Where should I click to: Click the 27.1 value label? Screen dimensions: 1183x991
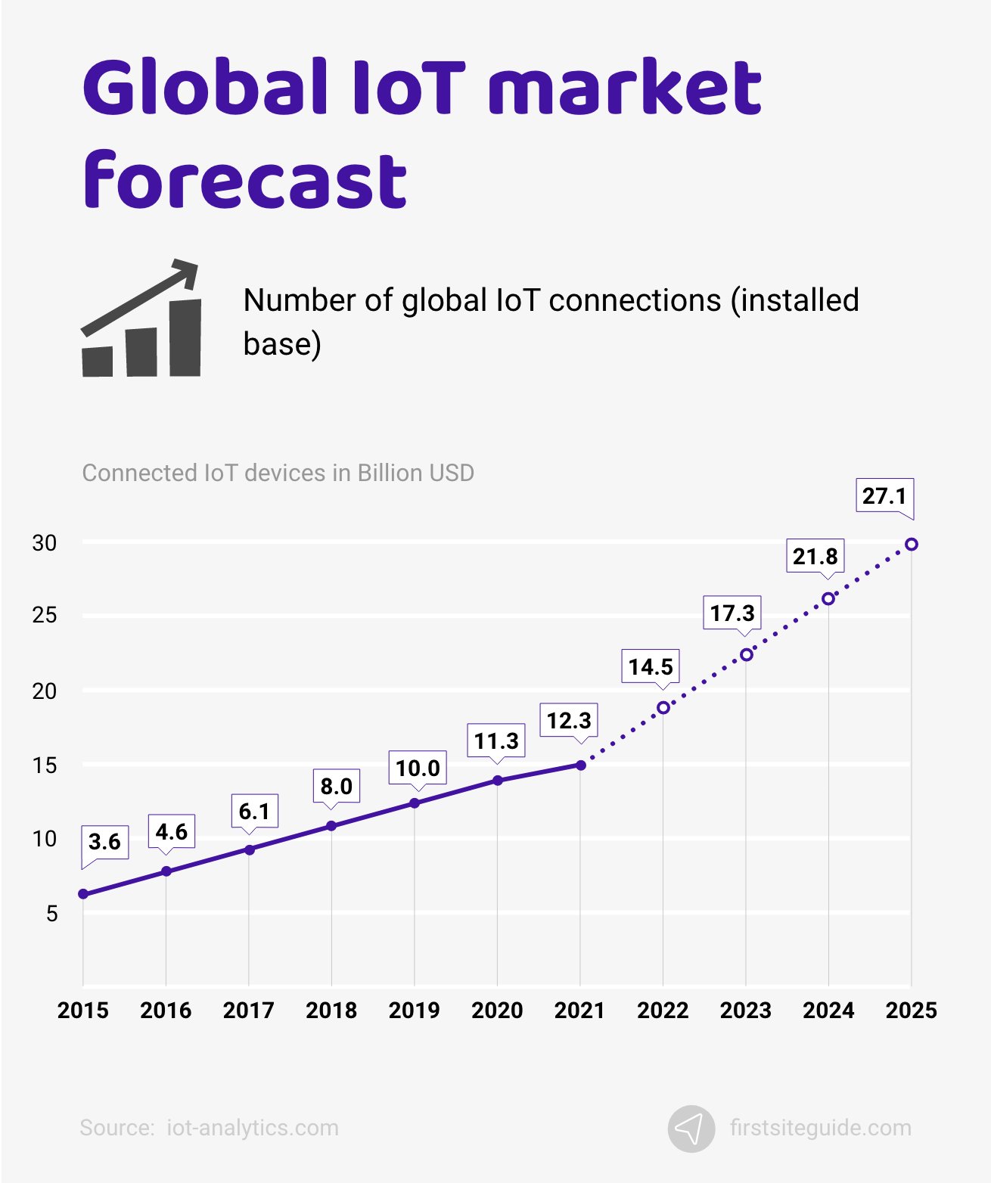point(884,496)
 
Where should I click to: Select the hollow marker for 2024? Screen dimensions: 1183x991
point(828,598)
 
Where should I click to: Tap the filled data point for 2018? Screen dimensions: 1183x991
point(331,825)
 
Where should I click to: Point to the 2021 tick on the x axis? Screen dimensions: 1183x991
point(579,1010)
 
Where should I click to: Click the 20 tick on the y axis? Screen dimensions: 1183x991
point(45,691)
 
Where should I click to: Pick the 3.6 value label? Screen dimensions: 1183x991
point(104,842)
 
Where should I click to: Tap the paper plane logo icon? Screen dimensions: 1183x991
point(691,1129)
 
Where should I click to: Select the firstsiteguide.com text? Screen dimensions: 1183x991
point(820,1128)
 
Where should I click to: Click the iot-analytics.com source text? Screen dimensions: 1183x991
point(253,1128)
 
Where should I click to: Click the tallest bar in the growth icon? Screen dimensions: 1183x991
point(185,338)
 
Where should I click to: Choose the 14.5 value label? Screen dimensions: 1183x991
point(650,667)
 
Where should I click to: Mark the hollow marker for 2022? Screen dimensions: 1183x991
point(663,707)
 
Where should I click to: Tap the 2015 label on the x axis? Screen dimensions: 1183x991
point(83,1010)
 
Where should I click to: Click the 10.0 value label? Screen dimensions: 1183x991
point(418,768)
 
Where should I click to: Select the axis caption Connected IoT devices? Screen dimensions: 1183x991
point(278,473)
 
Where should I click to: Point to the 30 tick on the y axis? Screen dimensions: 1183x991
point(45,543)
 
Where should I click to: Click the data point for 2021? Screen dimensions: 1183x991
point(580,765)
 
